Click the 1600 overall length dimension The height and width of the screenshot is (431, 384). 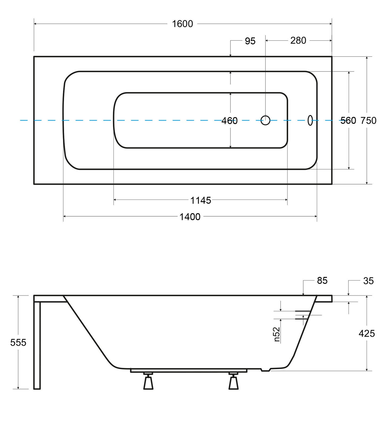[x=183, y=24]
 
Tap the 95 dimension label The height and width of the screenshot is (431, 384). [x=250, y=41]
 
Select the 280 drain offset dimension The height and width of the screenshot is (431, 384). [x=298, y=40]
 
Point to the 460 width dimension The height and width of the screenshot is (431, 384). [x=229, y=121]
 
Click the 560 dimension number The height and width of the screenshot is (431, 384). [x=348, y=121]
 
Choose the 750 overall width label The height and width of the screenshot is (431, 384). [x=368, y=121]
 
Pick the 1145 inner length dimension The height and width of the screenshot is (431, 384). [x=201, y=200]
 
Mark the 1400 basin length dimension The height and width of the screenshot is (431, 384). [x=190, y=217]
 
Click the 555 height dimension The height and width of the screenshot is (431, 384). [x=18, y=343]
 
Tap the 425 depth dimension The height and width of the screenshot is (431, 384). [x=367, y=333]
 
